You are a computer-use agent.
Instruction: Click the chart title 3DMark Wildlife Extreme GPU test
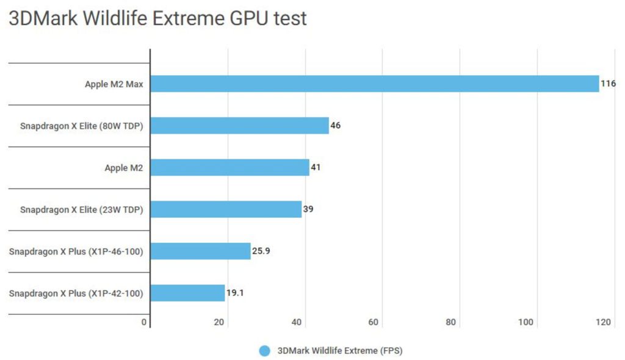(157, 19)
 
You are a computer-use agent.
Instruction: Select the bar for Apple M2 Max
(375, 84)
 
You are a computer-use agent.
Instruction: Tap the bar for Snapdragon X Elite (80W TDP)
(239, 126)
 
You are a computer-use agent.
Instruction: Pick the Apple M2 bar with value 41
(229, 167)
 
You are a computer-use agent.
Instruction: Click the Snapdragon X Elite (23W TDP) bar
(226, 209)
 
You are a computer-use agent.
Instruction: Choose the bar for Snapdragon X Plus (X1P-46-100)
(200, 251)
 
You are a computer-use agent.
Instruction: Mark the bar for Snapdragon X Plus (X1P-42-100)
(187, 293)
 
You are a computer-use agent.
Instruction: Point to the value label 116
(608, 84)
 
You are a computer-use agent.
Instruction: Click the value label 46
(336, 126)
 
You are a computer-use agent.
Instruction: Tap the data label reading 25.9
(261, 251)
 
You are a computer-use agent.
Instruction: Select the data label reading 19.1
(235, 293)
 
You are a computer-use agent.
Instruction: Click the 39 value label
(308, 209)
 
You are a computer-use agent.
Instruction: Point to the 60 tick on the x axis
(374, 322)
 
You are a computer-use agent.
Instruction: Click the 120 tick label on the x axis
(605, 322)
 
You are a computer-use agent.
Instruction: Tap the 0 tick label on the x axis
(144, 322)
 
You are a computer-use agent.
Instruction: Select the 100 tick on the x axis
(526, 322)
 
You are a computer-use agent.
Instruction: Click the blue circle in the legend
(264, 351)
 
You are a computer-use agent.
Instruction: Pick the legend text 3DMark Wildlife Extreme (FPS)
(340, 351)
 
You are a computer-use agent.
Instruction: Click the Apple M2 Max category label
(114, 84)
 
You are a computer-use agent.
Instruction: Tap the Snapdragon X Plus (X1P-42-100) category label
(76, 293)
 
